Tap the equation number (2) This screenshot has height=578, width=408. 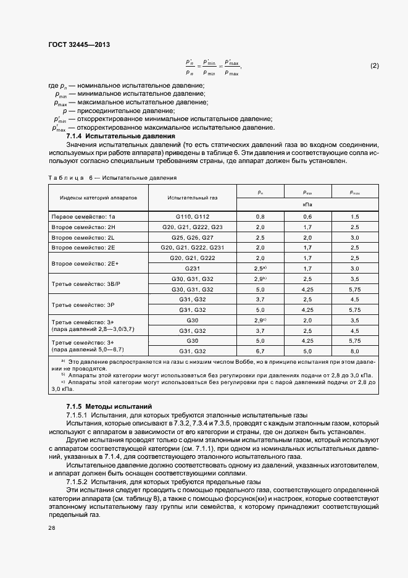374,65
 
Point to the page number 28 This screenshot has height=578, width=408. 51,528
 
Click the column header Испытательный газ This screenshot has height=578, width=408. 192,198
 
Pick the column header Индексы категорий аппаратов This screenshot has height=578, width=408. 94,198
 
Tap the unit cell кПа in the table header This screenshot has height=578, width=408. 307,203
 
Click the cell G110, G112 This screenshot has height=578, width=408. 192,217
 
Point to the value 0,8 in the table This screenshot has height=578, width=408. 260,217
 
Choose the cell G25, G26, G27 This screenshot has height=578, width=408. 192,237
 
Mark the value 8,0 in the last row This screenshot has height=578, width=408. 354,351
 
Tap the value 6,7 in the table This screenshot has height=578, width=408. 260,351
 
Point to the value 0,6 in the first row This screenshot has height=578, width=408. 307,217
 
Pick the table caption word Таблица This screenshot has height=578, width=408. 65,177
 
